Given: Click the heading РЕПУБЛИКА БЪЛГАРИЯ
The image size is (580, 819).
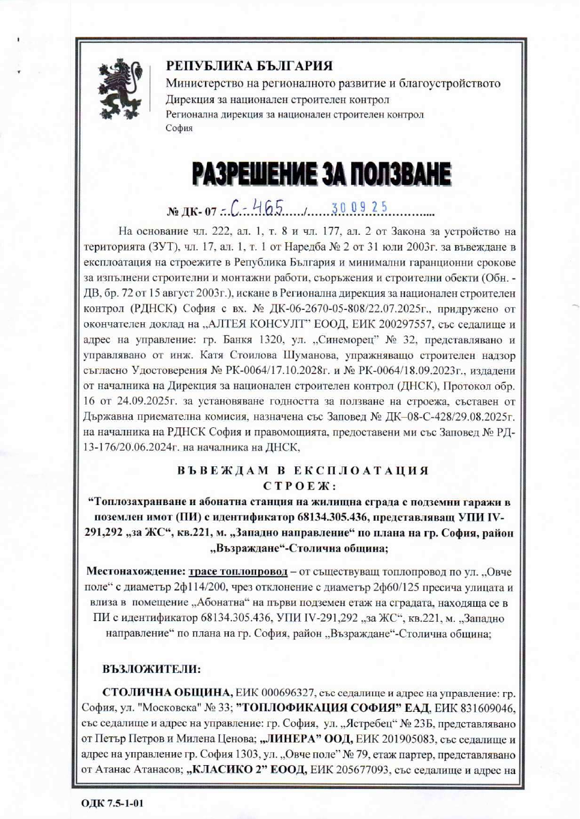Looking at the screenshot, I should click(249, 66).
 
